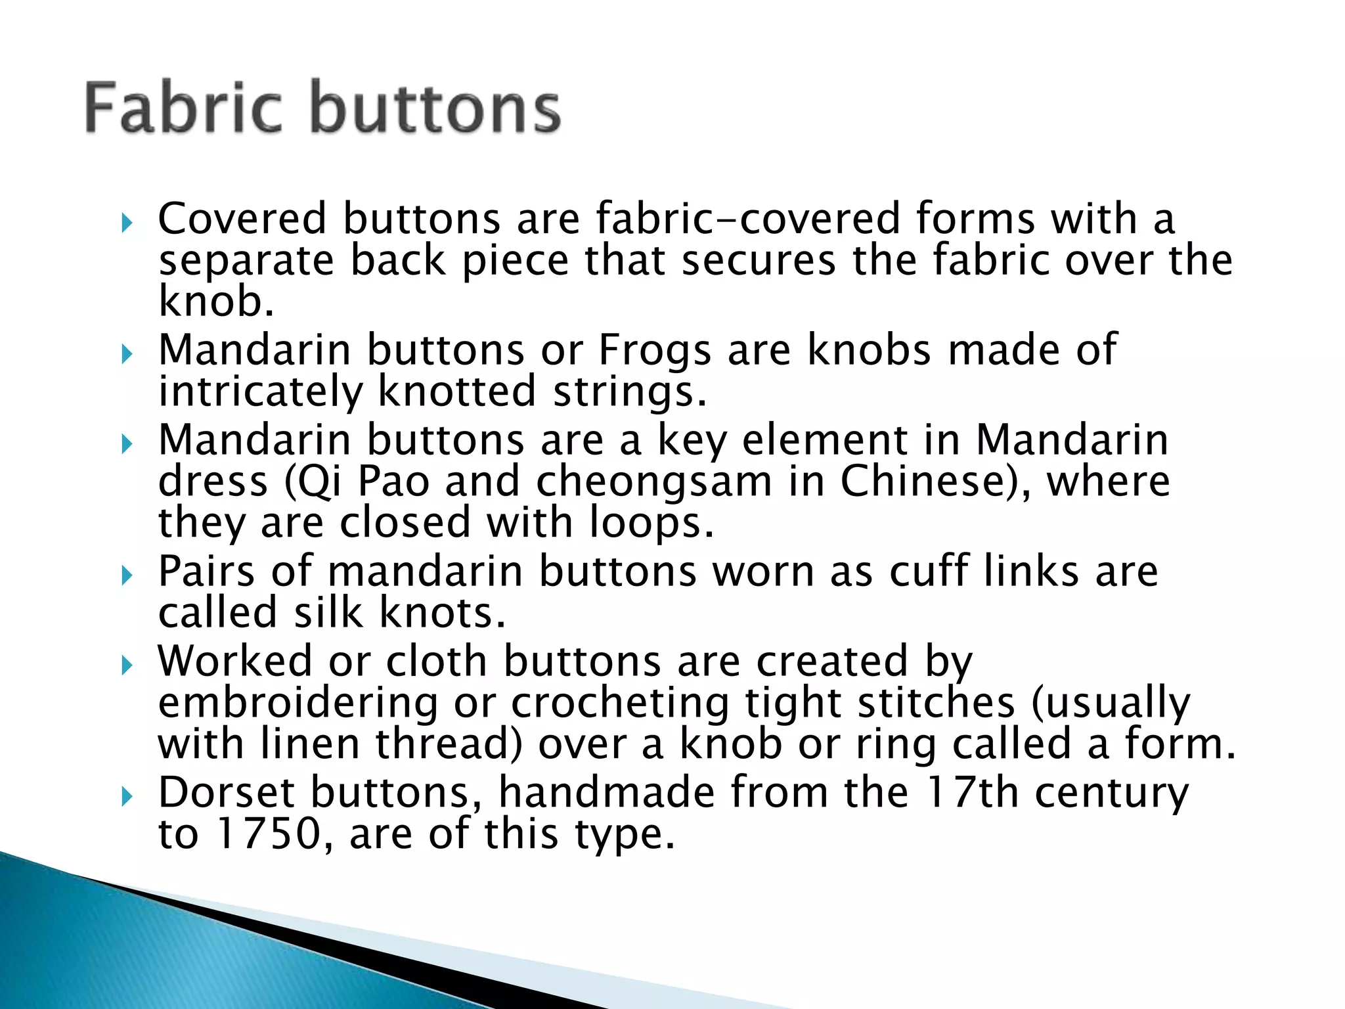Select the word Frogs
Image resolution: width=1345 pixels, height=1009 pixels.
tap(654, 350)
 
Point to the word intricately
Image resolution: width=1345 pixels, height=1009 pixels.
tap(260, 392)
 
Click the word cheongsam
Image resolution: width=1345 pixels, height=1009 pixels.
tap(653, 482)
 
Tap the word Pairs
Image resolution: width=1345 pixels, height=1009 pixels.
tap(206, 571)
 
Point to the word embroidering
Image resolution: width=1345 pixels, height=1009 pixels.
tap(298, 703)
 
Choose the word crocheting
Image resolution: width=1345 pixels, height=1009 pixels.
tap(620, 703)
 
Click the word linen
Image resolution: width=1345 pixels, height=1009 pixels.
tap(310, 744)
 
